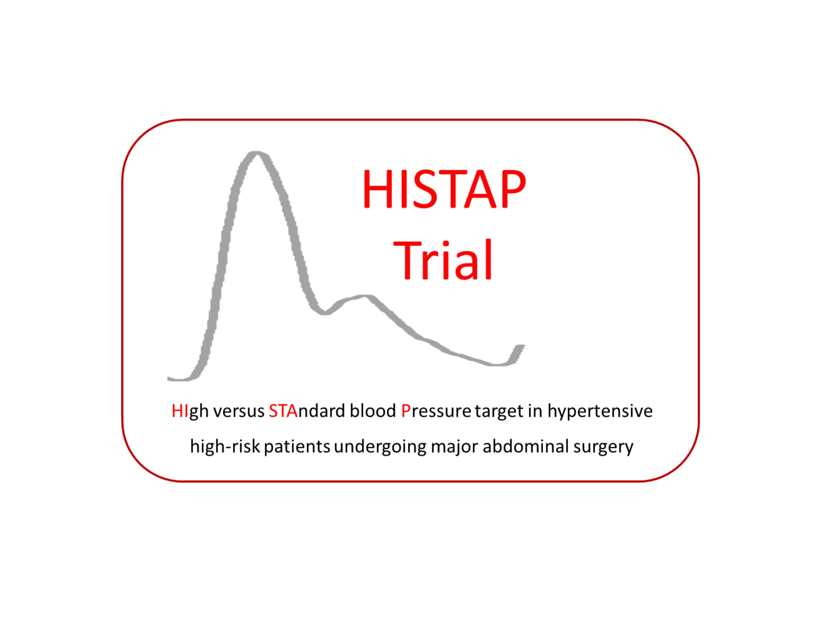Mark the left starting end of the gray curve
coord(168,378)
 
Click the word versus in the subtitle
coord(239,411)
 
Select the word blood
coord(372,411)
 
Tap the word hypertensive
coord(600,411)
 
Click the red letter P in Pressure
coord(405,411)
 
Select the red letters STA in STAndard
coord(283,411)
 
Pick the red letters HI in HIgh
coord(180,411)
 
